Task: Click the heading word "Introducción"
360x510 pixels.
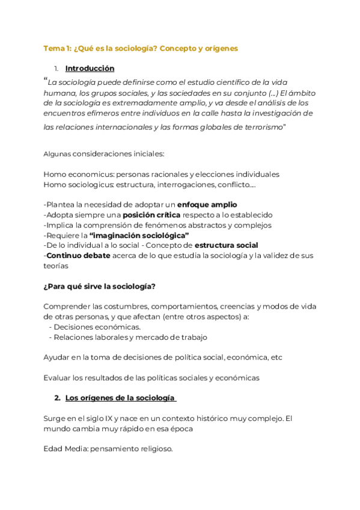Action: [x=90, y=69]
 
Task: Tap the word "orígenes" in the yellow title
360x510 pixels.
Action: [x=222, y=48]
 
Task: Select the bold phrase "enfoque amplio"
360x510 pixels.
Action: [x=207, y=204]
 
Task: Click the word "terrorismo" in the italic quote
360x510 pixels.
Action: [x=260, y=127]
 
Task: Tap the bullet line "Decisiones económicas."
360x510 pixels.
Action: [x=97, y=327]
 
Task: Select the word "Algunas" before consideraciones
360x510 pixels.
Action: [x=57, y=154]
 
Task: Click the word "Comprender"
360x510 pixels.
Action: [x=67, y=306]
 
